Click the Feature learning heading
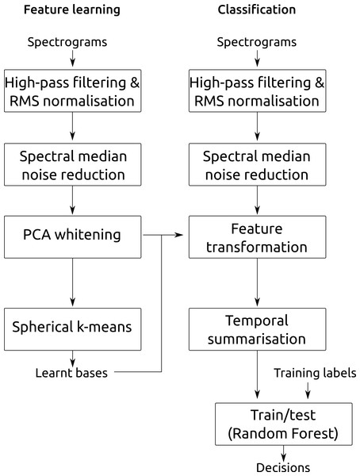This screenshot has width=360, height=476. [x=72, y=10]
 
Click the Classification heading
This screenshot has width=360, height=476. [x=257, y=10]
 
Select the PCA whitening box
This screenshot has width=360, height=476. [x=72, y=237]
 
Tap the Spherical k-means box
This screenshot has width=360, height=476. [x=72, y=329]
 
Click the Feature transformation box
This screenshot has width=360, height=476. [x=258, y=237]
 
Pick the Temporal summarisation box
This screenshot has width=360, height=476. [x=258, y=329]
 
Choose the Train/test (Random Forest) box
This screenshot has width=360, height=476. [x=284, y=424]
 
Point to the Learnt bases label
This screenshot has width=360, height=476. [x=71, y=373]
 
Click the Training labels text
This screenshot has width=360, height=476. [x=315, y=373]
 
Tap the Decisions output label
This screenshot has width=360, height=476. [x=283, y=468]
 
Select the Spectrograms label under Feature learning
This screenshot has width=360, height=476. [x=67, y=42]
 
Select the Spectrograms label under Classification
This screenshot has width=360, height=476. [x=257, y=42]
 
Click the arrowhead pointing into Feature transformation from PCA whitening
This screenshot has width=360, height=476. [x=180, y=235]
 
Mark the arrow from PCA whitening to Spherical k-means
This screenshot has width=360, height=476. [x=72, y=282]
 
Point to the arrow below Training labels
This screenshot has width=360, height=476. [x=308, y=390]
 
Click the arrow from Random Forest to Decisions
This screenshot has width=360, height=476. [x=283, y=454]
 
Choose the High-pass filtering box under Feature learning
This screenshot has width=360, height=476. [x=72, y=90]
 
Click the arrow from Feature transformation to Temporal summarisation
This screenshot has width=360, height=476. [x=258, y=282]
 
